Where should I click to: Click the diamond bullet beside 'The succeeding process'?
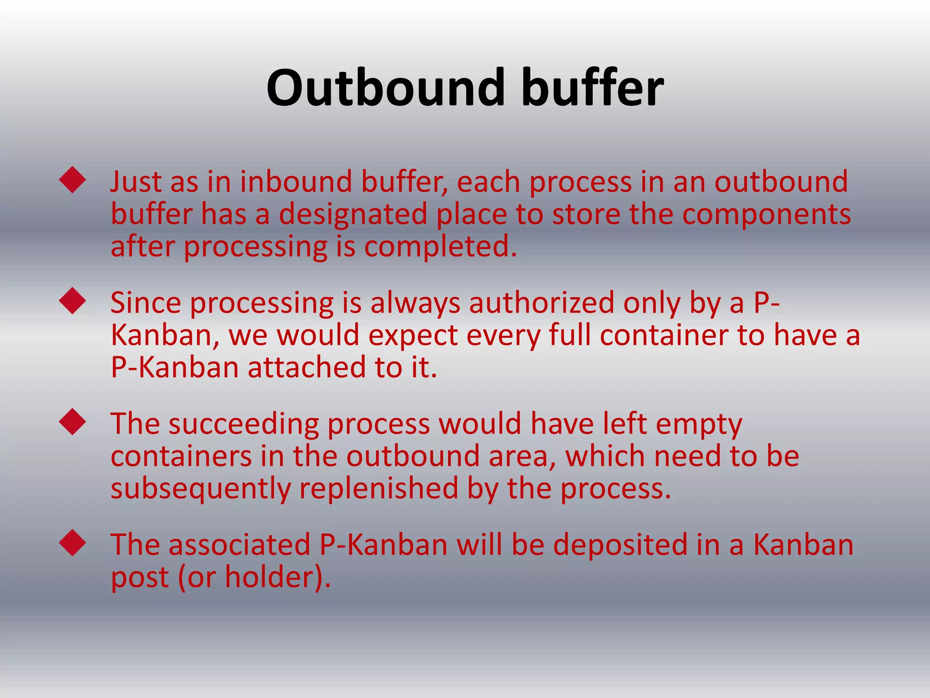[73, 422]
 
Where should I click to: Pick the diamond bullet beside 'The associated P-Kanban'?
[73, 543]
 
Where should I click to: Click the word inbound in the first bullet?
[296, 182]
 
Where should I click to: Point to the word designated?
[353, 214]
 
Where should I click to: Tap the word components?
[766, 214]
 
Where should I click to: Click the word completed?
[440, 247]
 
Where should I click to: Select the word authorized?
[541, 303]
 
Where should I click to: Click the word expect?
[413, 336]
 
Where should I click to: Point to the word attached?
[307, 368]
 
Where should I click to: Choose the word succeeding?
[244, 424]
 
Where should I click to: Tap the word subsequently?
[200, 489]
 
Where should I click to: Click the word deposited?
[620, 545]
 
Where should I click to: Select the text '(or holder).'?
[254, 578]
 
